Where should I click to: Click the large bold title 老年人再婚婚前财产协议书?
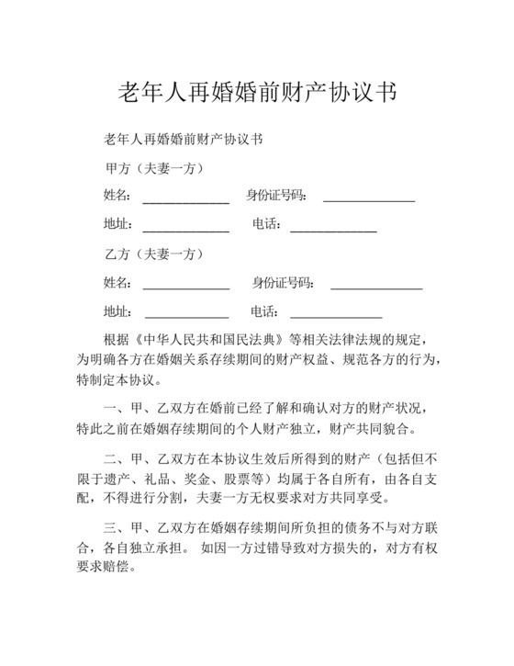(258, 93)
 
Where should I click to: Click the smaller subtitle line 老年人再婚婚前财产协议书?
(184, 140)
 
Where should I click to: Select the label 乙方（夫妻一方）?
(154, 254)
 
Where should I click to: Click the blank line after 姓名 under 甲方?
(185, 198)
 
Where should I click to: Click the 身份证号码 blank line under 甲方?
(369, 198)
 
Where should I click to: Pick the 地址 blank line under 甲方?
(185, 227)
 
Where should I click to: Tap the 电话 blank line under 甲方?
(333, 227)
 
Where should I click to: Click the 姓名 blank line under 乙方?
(185, 285)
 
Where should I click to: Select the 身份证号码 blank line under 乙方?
(376, 285)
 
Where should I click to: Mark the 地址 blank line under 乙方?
(185, 314)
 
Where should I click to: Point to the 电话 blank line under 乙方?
(336, 314)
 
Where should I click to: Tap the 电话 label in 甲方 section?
(266, 224)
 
